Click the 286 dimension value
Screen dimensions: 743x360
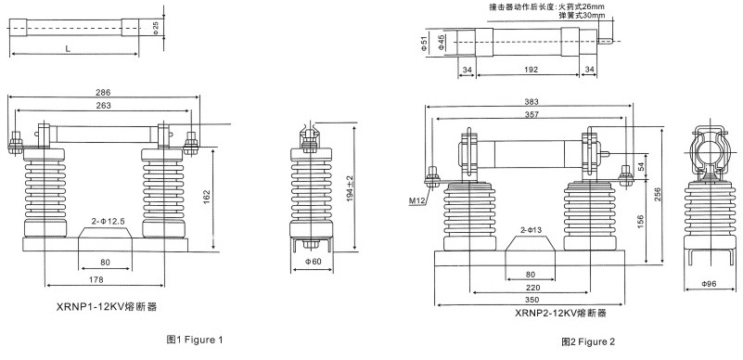pyautogui.click(x=103, y=93)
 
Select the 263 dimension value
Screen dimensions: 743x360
pyautogui.click(x=103, y=106)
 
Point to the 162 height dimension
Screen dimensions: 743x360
pyautogui.click(x=207, y=198)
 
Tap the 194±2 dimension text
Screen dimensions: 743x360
pyautogui.click(x=350, y=188)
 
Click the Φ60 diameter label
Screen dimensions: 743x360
pyautogui.click(x=314, y=261)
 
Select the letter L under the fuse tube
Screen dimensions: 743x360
pyautogui.click(x=68, y=48)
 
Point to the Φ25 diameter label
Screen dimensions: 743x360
pyautogui.click(x=156, y=28)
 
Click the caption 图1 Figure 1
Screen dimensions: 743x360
pyautogui.click(x=194, y=340)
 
